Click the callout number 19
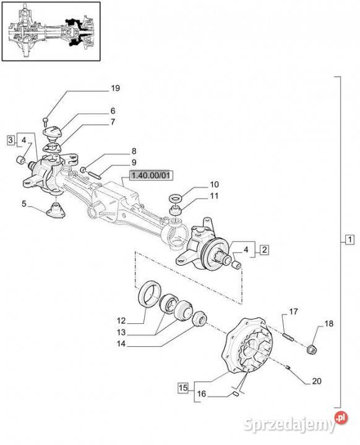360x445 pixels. coord(115,88)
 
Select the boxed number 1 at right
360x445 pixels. coord(350,239)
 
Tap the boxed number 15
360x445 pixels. coord(183,388)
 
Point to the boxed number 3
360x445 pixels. coord(11,140)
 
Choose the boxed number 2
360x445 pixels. coord(265,250)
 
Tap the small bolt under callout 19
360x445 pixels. coord(45,121)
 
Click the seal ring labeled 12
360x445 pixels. coord(150,294)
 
